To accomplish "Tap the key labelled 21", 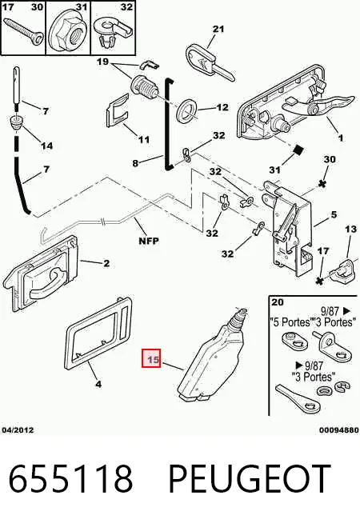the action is (209, 64).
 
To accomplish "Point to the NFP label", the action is (149, 240).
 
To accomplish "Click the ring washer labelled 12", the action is (187, 110).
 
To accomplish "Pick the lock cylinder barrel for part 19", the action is (142, 87).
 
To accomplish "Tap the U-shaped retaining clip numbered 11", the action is (118, 111).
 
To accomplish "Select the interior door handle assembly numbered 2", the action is (40, 273).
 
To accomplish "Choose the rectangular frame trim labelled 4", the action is (98, 333).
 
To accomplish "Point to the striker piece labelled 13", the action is (344, 269).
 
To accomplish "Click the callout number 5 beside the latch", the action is (334, 214).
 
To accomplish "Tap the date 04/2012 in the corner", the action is (18, 429).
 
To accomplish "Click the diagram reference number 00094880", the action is (338, 430).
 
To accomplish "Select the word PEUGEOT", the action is (250, 478).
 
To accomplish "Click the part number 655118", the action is (70, 478).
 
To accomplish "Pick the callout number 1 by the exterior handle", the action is (340, 138).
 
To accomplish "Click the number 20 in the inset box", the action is (278, 302).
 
